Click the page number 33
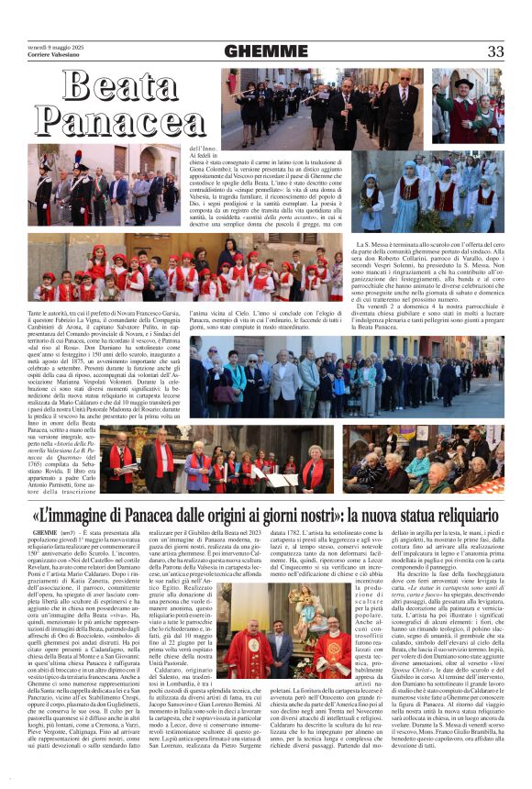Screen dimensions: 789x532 click(495, 51)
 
